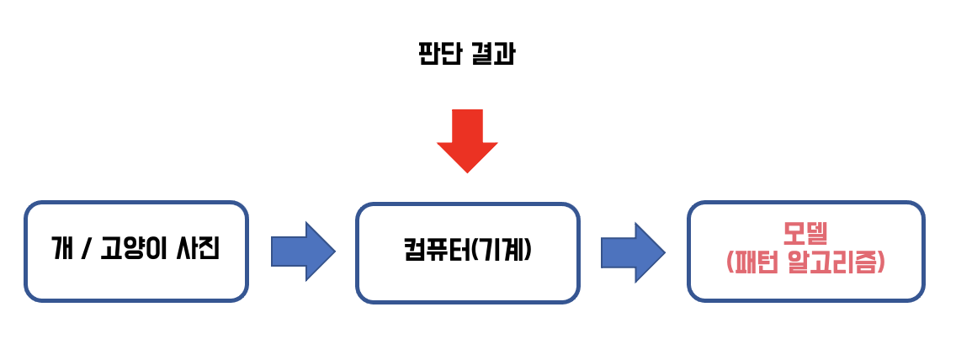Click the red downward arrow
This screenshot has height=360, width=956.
coord(467,139)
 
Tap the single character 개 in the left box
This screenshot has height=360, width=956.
coord(61,250)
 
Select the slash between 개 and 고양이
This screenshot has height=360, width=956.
coord(84,250)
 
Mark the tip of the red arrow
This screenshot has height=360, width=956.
coord(467,171)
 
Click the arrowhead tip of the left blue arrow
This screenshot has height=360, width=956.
coord(334,251)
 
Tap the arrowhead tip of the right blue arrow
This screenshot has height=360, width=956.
coord(664,251)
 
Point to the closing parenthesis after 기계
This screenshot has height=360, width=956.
coord(529,251)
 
